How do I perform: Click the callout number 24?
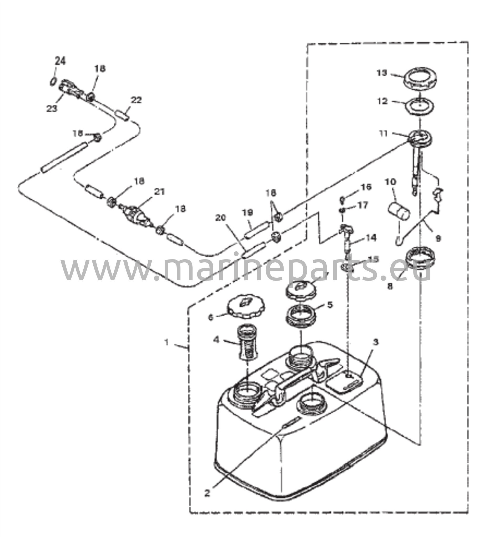click(x=60, y=61)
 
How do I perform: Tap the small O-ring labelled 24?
click(x=53, y=82)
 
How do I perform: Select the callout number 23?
click(x=52, y=108)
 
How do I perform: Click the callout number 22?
click(x=136, y=100)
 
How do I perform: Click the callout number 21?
click(x=159, y=192)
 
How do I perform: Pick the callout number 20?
click(x=220, y=218)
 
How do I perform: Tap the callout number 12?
click(x=382, y=101)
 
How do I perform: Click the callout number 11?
click(x=384, y=133)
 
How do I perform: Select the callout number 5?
click(x=330, y=305)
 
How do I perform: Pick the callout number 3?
click(x=376, y=342)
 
